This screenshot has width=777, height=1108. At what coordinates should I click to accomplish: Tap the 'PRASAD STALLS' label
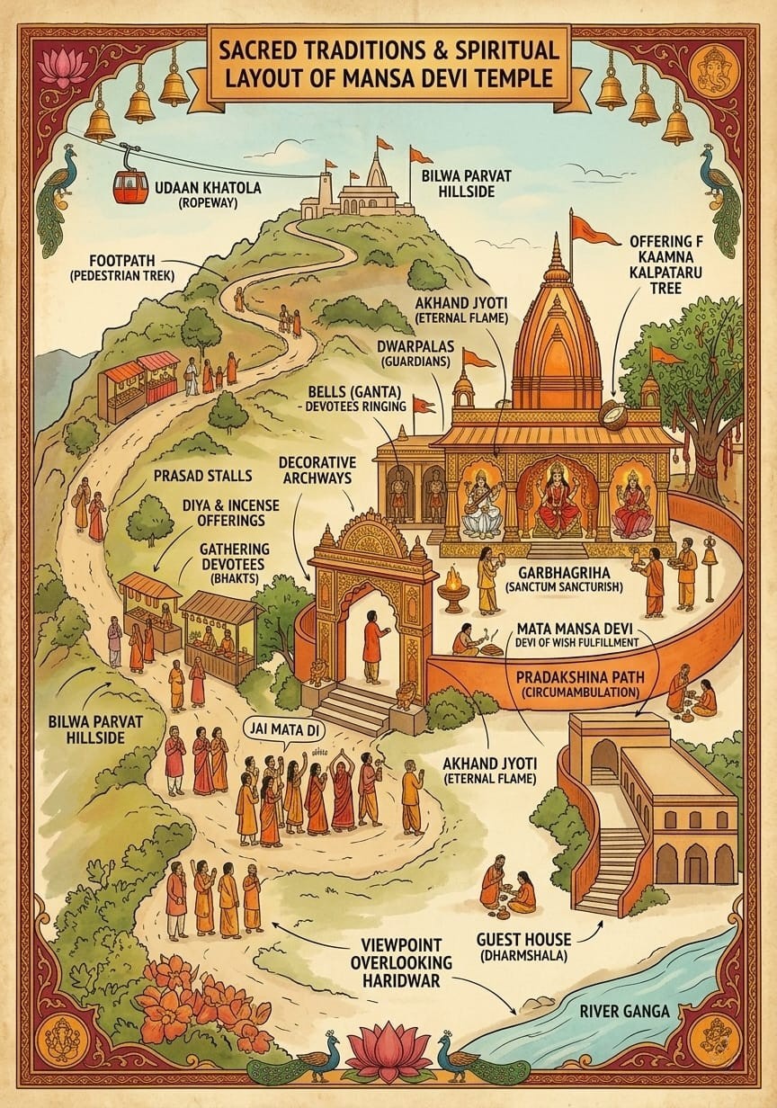pyautogui.click(x=202, y=474)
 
